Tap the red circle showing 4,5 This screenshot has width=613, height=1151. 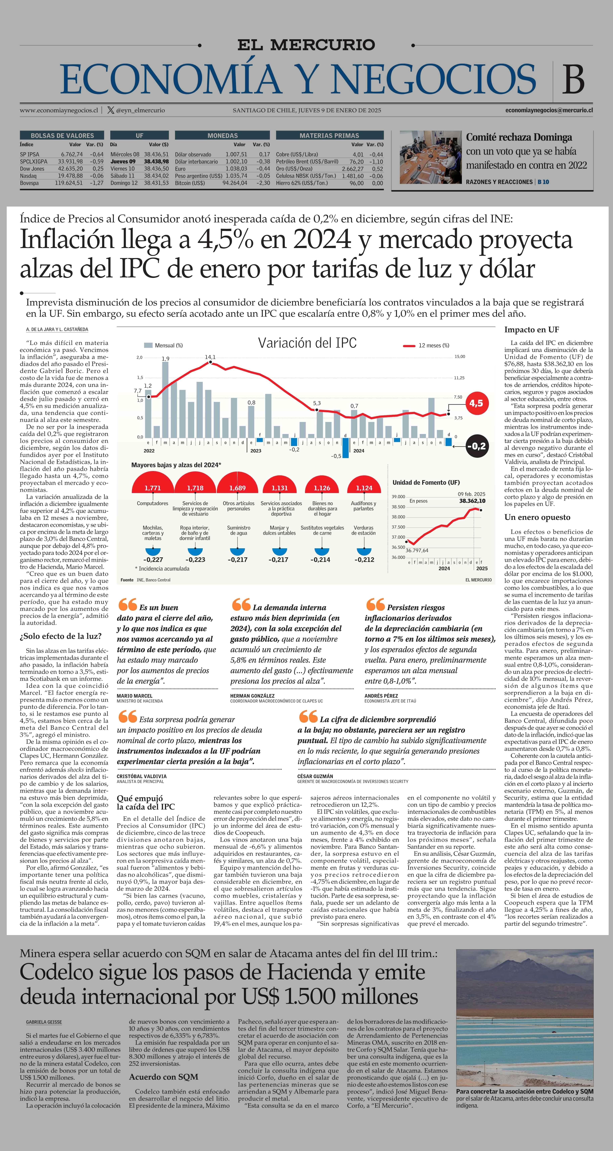476,403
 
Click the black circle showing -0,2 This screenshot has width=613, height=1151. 476,446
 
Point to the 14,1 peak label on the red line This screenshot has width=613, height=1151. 210,357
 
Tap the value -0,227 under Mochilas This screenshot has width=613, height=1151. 153,559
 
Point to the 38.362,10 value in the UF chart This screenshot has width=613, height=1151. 472,501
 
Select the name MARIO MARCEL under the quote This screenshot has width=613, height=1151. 135,696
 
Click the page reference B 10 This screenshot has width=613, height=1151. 543,182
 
